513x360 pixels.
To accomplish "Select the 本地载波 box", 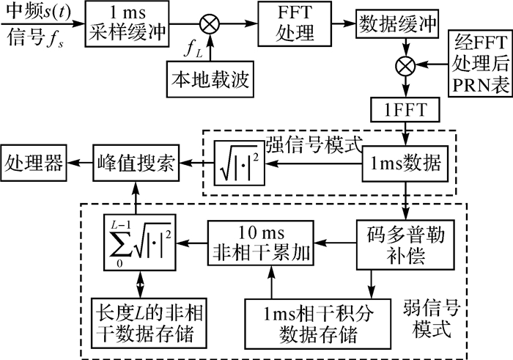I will pyautogui.click(x=209, y=78).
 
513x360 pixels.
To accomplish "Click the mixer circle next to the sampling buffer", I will pyautogui.click(x=209, y=24).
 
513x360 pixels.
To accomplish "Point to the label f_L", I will pyautogui.click(x=192, y=53).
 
